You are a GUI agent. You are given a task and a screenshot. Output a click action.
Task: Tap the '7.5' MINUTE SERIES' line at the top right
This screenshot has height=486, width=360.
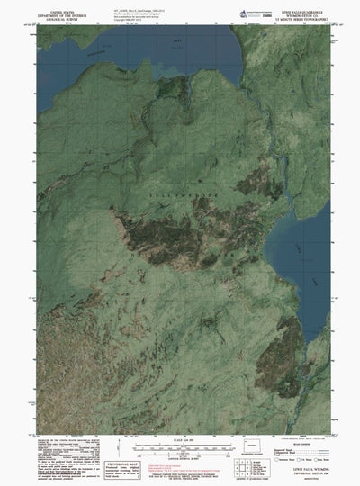click(x=302, y=15)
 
